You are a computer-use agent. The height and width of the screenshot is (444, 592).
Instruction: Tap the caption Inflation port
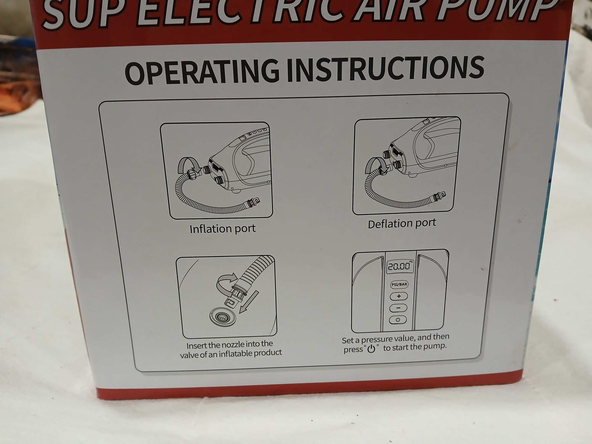pyautogui.click(x=223, y=229)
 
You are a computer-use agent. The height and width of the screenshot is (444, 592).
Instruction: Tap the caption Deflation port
pyautogui.click(x=402, y=223)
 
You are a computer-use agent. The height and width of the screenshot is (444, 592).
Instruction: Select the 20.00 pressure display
pyautogui.click(x=399, y=266)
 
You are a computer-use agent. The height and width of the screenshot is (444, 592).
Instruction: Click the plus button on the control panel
pyautogui.click(x=398, y=296)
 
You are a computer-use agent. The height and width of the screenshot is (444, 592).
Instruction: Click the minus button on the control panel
pyautogui.click(x=398, y=308)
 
